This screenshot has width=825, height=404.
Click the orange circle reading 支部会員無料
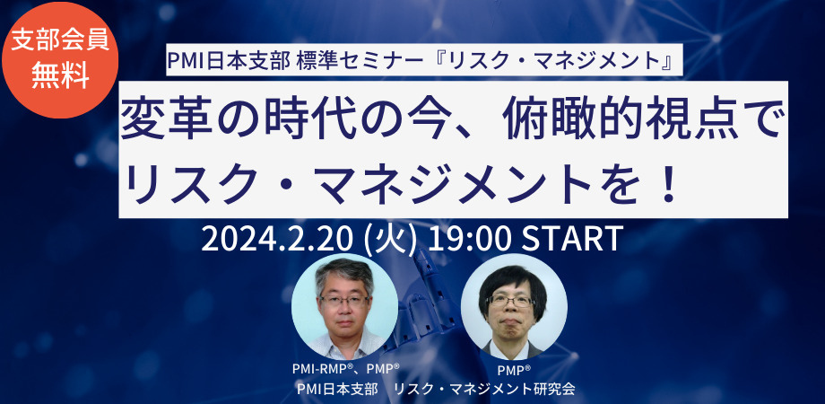tap(60, 59)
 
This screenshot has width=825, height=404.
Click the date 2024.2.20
tap(277, 240)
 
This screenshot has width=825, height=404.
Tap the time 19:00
tap(469, 240)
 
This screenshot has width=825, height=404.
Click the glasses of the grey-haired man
tap(344, 302)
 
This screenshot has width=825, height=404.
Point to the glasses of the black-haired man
tap(510, 300)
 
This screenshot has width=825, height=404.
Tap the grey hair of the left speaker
tap(344, 274)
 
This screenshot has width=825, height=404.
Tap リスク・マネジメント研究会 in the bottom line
tap(484, 390)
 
